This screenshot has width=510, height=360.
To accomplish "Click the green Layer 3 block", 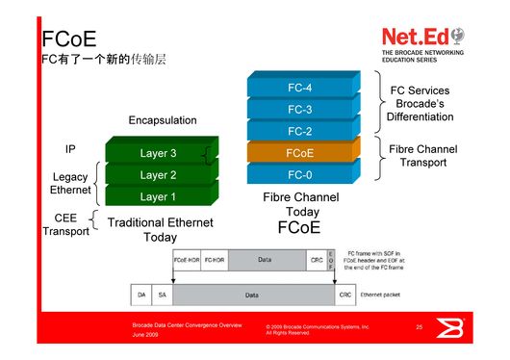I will coord(159,153).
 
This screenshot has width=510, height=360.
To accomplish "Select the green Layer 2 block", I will coord(159,175).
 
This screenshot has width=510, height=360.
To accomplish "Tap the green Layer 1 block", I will coord(159,197).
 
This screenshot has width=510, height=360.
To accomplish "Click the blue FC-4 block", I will coord(299,88).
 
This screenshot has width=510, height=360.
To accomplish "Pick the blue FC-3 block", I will coord(299,109).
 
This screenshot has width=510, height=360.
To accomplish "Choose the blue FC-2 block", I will coord(299,131).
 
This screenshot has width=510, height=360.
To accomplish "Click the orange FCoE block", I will coord(299,153).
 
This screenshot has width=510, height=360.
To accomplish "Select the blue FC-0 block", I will coord(299,175).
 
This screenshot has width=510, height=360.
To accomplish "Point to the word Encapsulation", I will coord(163,120).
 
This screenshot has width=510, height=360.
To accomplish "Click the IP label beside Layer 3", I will coord(70,150).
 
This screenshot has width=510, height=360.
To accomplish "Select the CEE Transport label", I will coord(65,225).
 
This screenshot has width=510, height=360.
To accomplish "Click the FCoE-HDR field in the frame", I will coord(187,260).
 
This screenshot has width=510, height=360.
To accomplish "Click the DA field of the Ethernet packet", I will coord(142,294).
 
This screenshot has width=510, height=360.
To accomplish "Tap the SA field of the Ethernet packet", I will coord(163,294).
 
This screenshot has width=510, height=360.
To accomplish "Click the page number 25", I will coord(420,328).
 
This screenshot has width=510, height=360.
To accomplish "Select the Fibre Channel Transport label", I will coord(422,156).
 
